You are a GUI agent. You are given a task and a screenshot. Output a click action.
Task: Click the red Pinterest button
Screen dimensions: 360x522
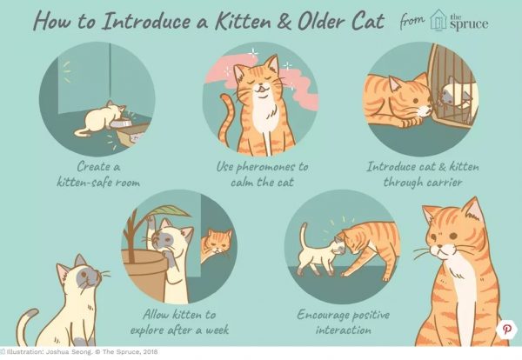[x=505, y=330]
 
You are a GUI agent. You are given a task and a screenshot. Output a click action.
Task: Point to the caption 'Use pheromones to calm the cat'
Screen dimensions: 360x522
[x=259, y=172]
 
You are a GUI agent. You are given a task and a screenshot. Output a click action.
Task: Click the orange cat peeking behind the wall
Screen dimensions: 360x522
[x=215, y=246]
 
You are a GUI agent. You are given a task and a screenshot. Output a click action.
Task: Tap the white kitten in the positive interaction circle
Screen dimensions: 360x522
[x=315, y=253]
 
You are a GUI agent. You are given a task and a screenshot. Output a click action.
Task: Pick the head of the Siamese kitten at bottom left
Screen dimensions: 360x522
[x=81, y=279]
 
